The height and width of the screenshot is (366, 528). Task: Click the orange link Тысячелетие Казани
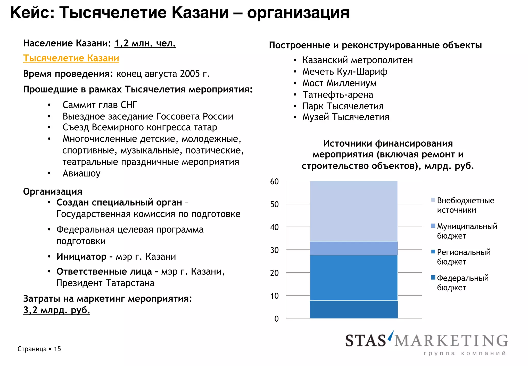click(x=71, y=58)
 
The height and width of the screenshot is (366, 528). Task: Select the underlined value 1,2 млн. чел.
click(x=145, y=43)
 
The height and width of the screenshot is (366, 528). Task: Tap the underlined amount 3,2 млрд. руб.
click(x=56, y=310)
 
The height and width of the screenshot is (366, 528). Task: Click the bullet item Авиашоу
click(x=81, y=173)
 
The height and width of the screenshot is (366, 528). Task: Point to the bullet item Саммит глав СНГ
click(x=100, y=105)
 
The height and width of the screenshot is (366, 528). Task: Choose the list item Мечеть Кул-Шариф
click(x=345, y=71)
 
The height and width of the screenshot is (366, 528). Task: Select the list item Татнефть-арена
click(x=338, y=94)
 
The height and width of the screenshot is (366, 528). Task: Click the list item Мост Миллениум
click(x=339, y=83)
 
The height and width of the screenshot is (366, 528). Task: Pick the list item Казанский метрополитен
click(x=357, y=60)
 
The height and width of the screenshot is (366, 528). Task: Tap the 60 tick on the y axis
click(x=274, y=181)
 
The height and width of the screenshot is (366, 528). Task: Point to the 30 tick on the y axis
click(x=274, y=250)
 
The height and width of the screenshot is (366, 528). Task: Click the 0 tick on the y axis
click(x=276, y=319)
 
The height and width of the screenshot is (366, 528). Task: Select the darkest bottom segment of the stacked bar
click(x=354, y=309)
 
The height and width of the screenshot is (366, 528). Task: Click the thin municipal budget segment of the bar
click(x=354, y=248)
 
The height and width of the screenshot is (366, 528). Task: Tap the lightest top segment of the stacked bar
click(x=354, y=211)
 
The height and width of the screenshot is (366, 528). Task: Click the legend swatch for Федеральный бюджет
click(x=433, y=278)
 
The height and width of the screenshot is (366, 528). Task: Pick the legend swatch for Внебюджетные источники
click(x=433, y=200)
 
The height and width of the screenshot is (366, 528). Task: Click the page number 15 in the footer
click(x=57, y=349)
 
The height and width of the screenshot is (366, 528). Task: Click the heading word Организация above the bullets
click(x=53, y=192)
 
